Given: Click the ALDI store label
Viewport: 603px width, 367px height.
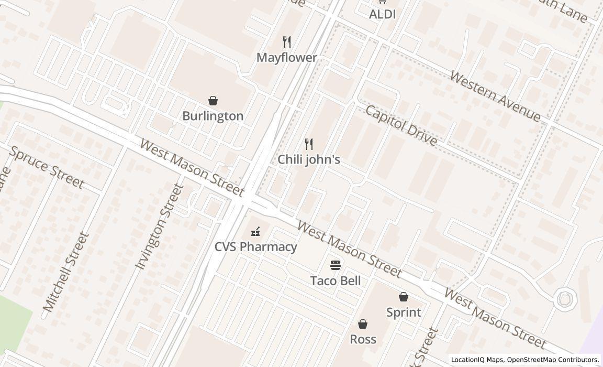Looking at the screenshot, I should [382, 15].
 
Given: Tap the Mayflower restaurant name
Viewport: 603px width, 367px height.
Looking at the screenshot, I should [287, 58].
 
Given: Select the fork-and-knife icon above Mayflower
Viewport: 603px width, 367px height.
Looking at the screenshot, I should [287, 41].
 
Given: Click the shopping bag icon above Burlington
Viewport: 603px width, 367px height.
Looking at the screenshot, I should [213, 100].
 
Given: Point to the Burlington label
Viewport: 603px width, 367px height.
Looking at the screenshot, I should [213, 116].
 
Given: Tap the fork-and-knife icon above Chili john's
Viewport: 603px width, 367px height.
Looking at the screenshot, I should [309, 144].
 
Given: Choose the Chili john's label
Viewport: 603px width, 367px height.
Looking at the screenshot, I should [309, 159].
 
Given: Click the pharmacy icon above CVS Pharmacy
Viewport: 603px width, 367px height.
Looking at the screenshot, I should [255, 231].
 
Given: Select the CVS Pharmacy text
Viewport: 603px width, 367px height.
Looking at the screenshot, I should [255, 246].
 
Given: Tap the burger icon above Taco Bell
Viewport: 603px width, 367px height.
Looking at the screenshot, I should [336, 265].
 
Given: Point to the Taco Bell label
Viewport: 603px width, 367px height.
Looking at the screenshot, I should [336, 280].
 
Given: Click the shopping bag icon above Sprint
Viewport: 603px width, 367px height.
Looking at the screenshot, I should [404, 297].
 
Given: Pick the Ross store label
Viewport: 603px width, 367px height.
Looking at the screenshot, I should [363, 339].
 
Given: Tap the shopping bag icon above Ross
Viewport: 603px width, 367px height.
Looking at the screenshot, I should [363, 324].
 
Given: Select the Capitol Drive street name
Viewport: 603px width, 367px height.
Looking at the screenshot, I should [401, 125].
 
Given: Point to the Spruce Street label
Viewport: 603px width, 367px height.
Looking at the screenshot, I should [47, 168].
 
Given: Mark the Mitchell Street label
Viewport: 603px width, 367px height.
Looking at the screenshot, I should [66, 273].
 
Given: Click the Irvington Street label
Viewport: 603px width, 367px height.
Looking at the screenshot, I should [160, 226].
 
